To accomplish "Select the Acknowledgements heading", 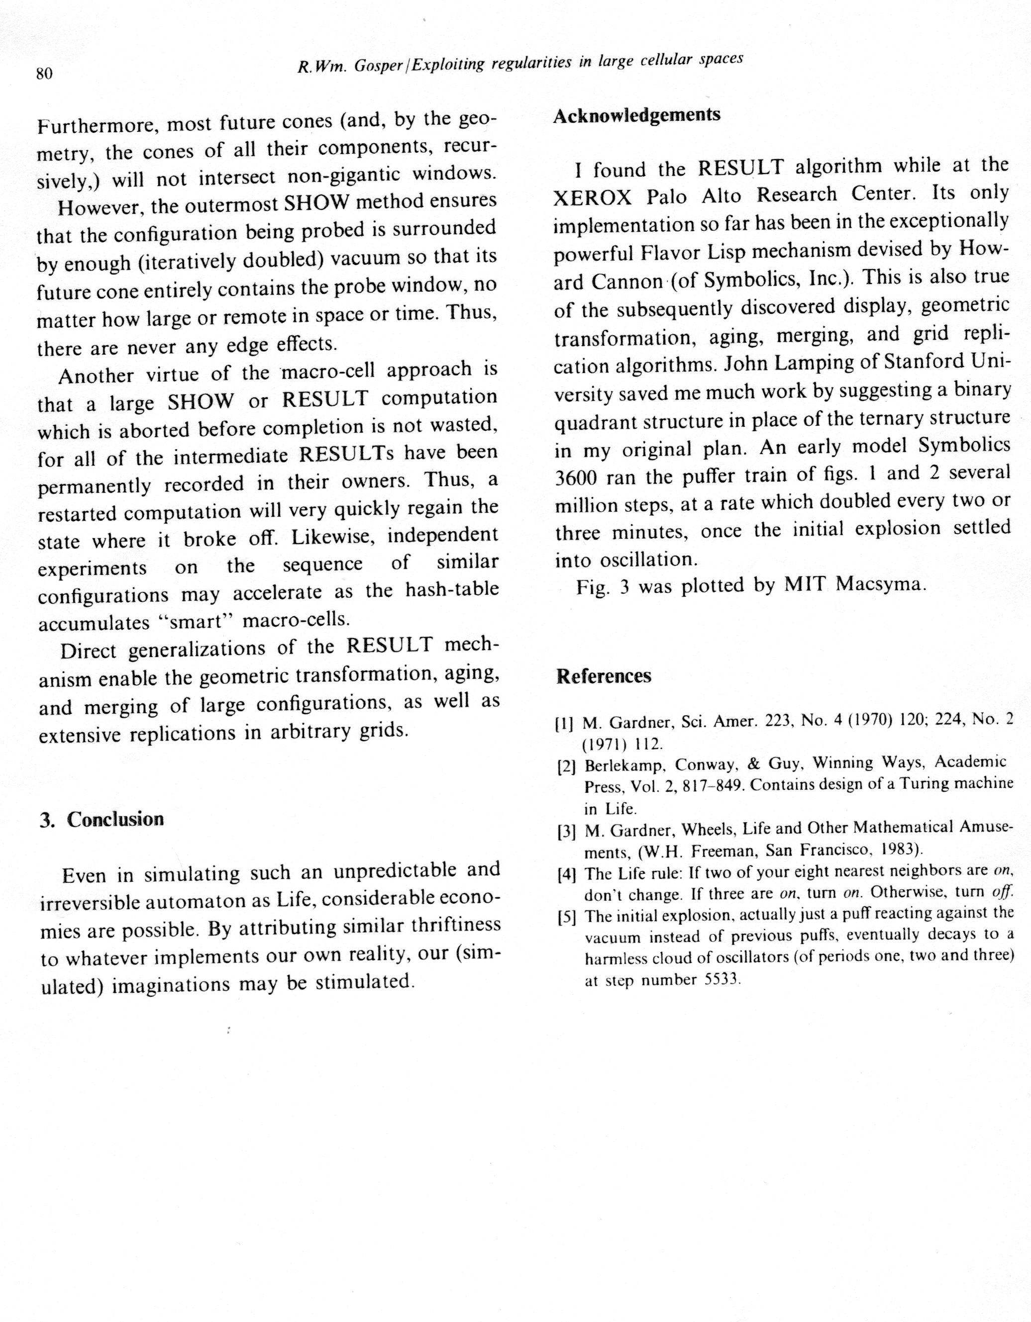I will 637,115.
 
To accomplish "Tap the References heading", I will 604,676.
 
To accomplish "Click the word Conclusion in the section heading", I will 115,820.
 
